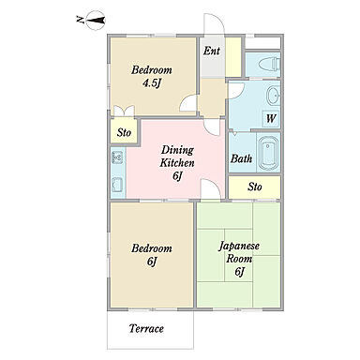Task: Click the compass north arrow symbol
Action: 95,21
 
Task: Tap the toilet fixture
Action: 269,65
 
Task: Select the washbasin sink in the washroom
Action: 273,95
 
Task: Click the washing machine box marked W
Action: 271,118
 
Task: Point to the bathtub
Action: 268,152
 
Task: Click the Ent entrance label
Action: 212,51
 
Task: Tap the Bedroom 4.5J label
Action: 152,76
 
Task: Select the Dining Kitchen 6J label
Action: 177,163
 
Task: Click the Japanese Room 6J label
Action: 239,259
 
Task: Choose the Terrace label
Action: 146,328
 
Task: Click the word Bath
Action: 241,158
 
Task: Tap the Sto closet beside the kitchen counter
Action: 124,131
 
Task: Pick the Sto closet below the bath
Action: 255,187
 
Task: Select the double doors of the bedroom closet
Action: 124,112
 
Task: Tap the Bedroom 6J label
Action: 152,255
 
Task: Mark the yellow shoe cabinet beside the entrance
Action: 233,57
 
